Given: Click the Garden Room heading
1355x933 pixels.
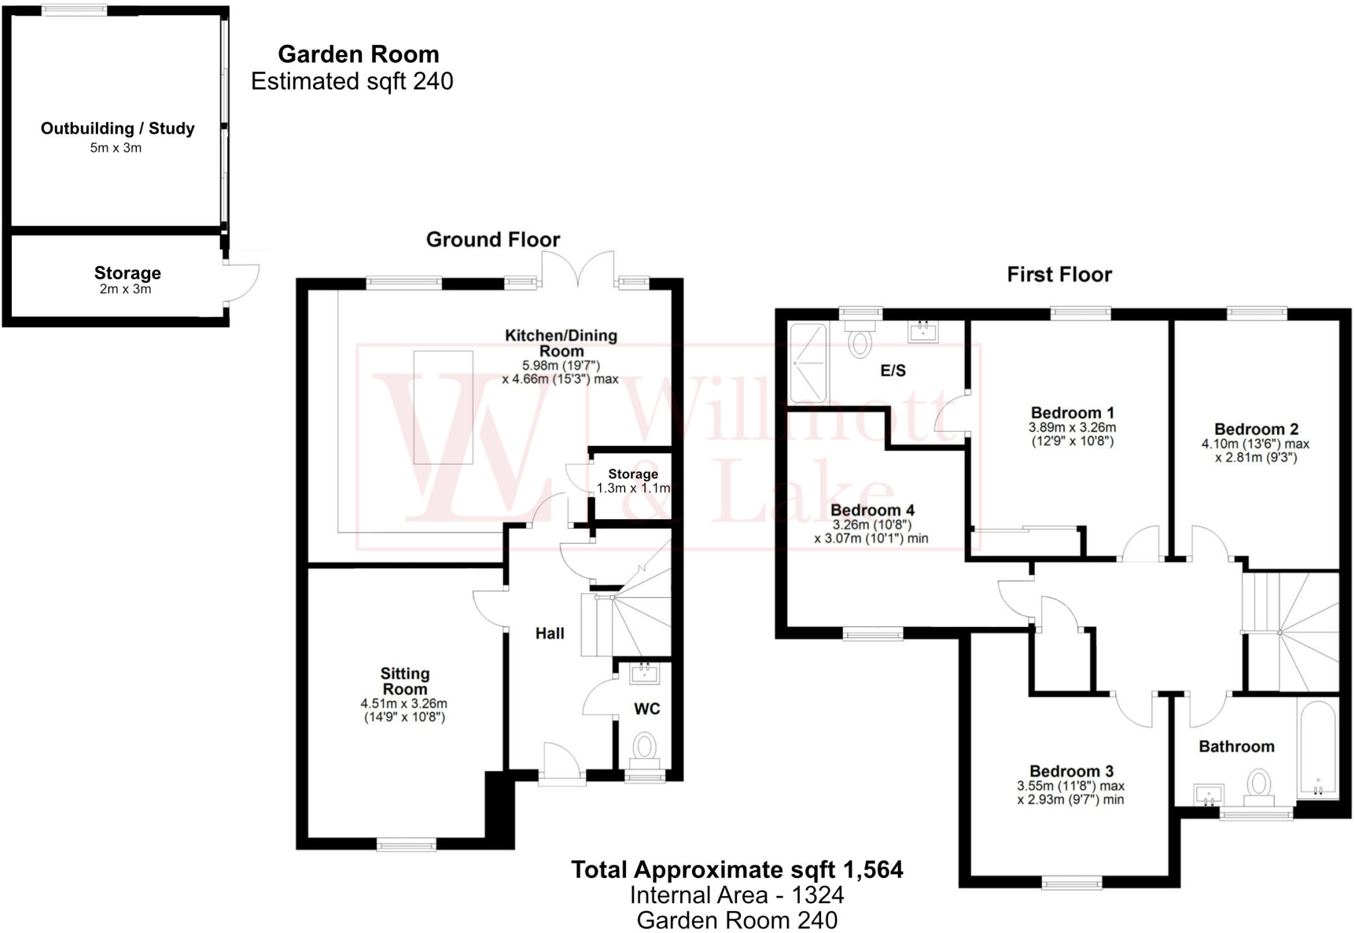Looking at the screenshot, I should point(358,54).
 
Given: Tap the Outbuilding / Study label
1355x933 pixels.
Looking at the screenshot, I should point(118,128).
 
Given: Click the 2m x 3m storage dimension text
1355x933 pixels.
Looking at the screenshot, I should point(125,289).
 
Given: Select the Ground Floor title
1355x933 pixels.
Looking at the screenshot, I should point(493,239).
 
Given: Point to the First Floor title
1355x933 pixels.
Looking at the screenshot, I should point(1059,274).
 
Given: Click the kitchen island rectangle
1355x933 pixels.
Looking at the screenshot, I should point(443,407).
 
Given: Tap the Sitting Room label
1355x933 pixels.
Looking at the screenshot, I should point(404,681).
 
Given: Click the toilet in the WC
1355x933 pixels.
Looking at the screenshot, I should point(644,747).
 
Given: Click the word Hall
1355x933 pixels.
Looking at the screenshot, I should point(549,633).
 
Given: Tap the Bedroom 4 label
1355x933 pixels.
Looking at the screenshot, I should point(872,510).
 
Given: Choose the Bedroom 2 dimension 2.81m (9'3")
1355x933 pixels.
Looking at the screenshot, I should point(1255,458).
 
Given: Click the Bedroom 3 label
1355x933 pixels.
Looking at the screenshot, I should point(1071,771).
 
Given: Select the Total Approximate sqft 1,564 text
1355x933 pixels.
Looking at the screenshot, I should point(736,870).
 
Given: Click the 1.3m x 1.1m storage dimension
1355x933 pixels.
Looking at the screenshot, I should point(633,489).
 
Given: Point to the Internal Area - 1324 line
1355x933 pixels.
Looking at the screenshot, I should point(736,895).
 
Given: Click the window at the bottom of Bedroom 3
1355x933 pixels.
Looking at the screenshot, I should point(1071,882).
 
